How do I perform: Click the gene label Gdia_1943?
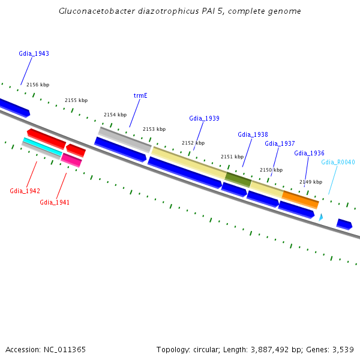click(x=34, y=53)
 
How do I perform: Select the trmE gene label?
click(x=140, y=95)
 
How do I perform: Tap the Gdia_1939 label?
click(x=204, y=118)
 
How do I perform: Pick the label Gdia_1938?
click(x=253, y=134)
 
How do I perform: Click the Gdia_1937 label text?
click(x=280, y=143)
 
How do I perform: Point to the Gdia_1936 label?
click(x=309, y=153)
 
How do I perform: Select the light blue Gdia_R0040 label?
click(x=338, y=162)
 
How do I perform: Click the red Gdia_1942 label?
click(x=25, y=191)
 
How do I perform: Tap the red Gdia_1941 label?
click(x=55, y=202)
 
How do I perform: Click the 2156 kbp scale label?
click(x=38, y=85)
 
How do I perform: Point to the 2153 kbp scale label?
click(x=154, y=129)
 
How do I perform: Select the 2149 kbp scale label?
click(x=311, y=182)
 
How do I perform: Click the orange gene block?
click(x=300, y=199)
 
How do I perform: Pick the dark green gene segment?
click(x=238, y=179)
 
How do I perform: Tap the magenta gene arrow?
click(x=71, y=160)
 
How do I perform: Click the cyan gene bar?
click(x=42, y=146)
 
